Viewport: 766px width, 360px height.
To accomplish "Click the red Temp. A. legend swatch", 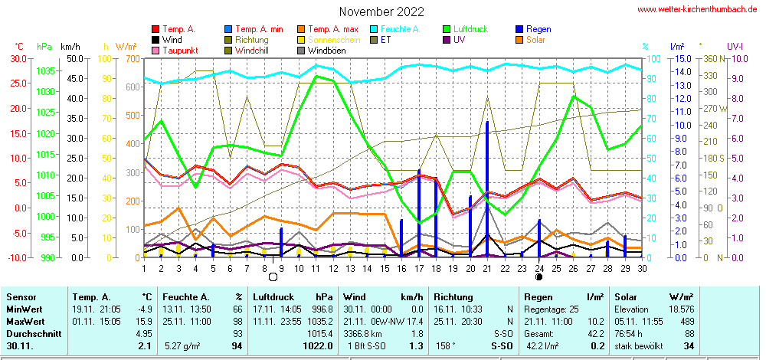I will pyautogui.click(x=156, y=29).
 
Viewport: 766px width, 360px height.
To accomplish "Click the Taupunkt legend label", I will pyautogui.click(x=180, y=51).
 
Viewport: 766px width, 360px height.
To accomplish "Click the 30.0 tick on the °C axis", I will pyautogui.click(x=16, y=58).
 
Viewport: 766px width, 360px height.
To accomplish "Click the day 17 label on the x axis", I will pyautogui.click(x=419, y=267).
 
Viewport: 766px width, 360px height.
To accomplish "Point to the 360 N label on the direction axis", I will pyautogui.click(x=711, y=58).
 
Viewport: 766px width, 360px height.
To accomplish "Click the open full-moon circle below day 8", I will pyautogui.click(x=273, y=277).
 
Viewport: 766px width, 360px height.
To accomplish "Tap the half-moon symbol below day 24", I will pyautogui.click(x=539, y=277).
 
